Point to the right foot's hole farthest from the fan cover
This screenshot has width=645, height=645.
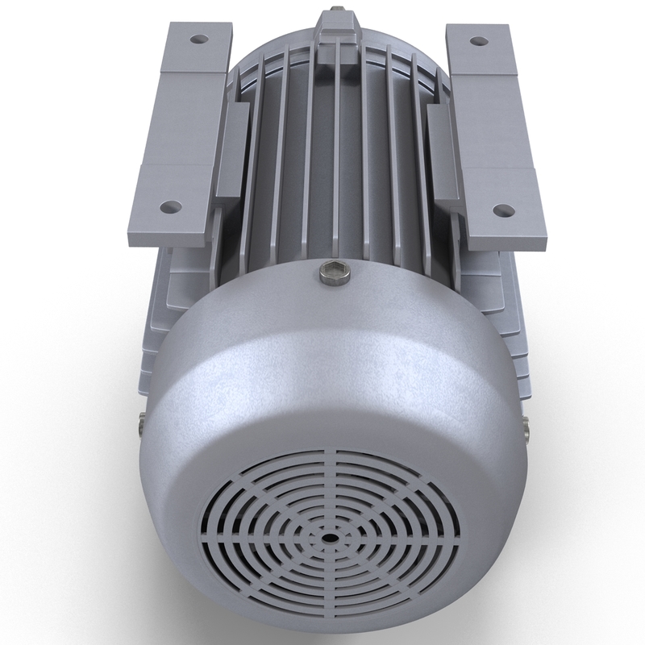(477, 39)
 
